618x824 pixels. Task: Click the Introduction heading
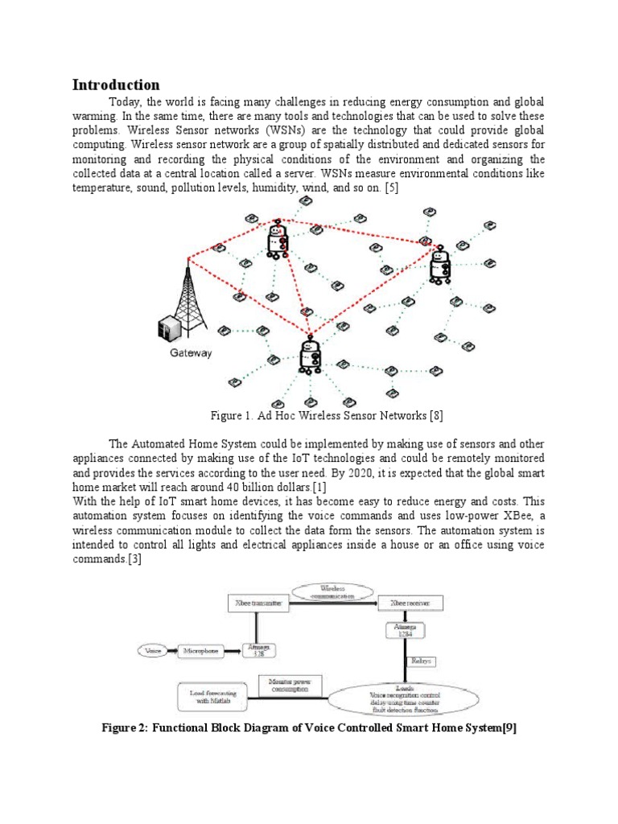coord(116,85)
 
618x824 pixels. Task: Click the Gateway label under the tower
coord(191,352)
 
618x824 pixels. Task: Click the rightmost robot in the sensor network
coord(440,266)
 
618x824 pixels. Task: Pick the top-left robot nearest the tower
coord(278,239)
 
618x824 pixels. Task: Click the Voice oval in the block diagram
coord(152,649)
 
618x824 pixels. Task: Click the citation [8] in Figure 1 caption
coord(435,415)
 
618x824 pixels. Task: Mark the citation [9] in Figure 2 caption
coord(509,729)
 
